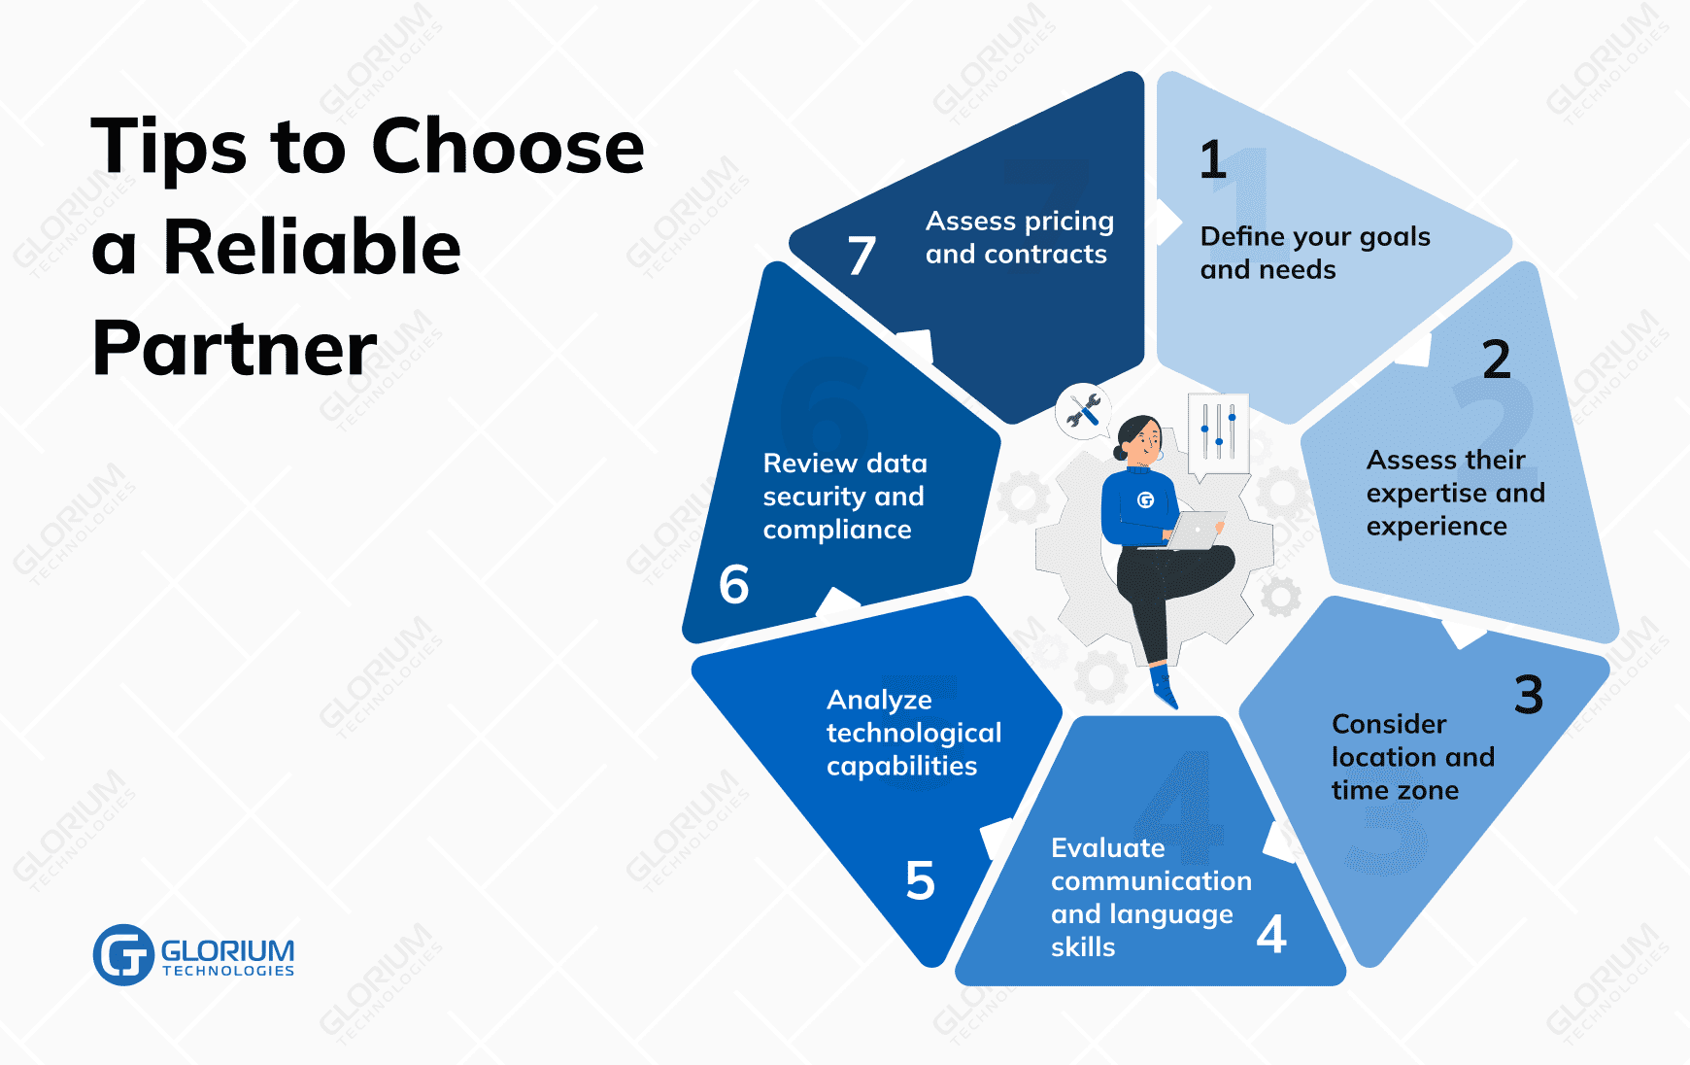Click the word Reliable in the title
pyautogui.click(x=312, y=247)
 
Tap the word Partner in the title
pyautogui.click(x=234, y=348)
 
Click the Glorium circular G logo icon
pyautogui.click(x=123, y=954)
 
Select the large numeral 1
pyautogui.click(x=1213, y=160)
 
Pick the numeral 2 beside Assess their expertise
pyautogui.click(x=1497, y=360)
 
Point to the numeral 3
pyautogui.click(x=1529, y=695)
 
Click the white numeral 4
pyautogui.click(x=1271, y=934)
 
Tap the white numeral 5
pyautogui.click(x=920, y=880)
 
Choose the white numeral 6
pyautogui.click(x=734, y=584)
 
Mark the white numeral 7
pyautogui.click(x=862, y=256)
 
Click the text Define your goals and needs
pyautogui.click(x=1314, y=253)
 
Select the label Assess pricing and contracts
pyautogui.click(x=1019, y=237)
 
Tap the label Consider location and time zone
pyautogui.click(x=1412, y=757)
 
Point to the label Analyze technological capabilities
pyautogui.click(x=913, y=733)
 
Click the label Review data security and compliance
pyautogui.click(x=844, y=496)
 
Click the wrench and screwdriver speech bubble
pyautogui.click(x=1083, y=410)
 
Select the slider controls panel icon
pyautogui.click(x=1218, y=433)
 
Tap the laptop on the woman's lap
pyautogui.click(x=1196, y=531)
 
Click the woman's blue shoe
pyautogui.click(x=1164, y=685)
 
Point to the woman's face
pyautogui.click(x=1146, y=440)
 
